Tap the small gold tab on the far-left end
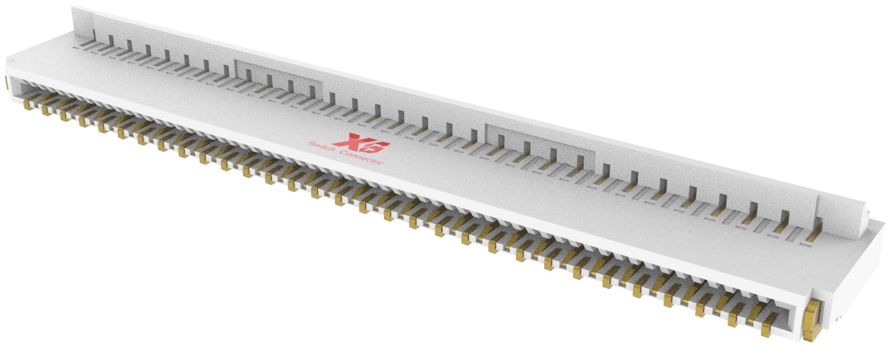(x=6, y=82)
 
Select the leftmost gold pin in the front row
(x=28, y=105)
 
